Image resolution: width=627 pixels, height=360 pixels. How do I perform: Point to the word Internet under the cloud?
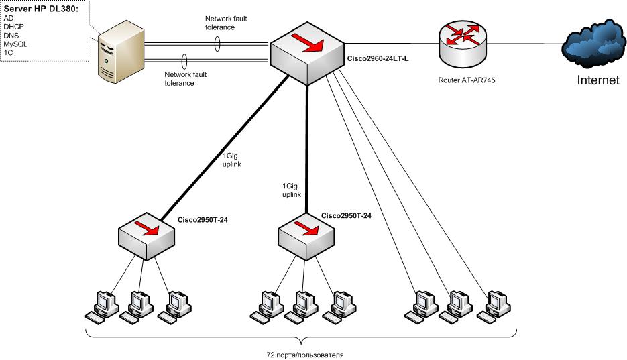[x=599, y=82]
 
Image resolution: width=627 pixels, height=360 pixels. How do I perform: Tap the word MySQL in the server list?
[x=15, y=43]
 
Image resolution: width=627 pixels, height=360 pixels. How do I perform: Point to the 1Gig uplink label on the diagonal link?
[x=232, y=160]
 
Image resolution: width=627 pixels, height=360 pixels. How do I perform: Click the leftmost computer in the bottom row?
[x=102, y=307]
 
